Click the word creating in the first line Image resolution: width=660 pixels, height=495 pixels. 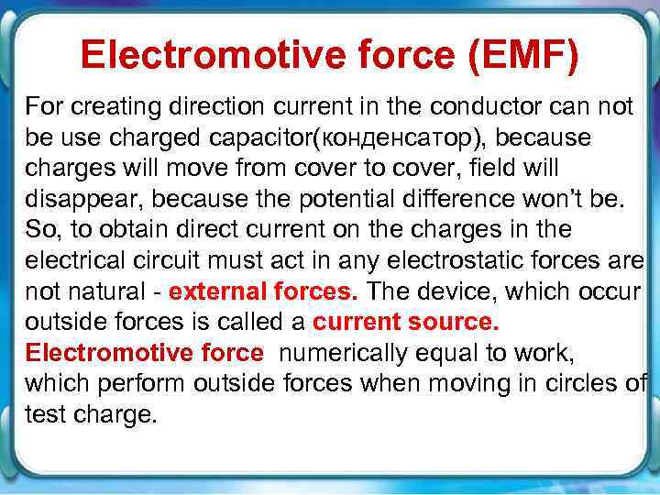(105, 105)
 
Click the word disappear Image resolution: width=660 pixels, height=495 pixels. (73, 199)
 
